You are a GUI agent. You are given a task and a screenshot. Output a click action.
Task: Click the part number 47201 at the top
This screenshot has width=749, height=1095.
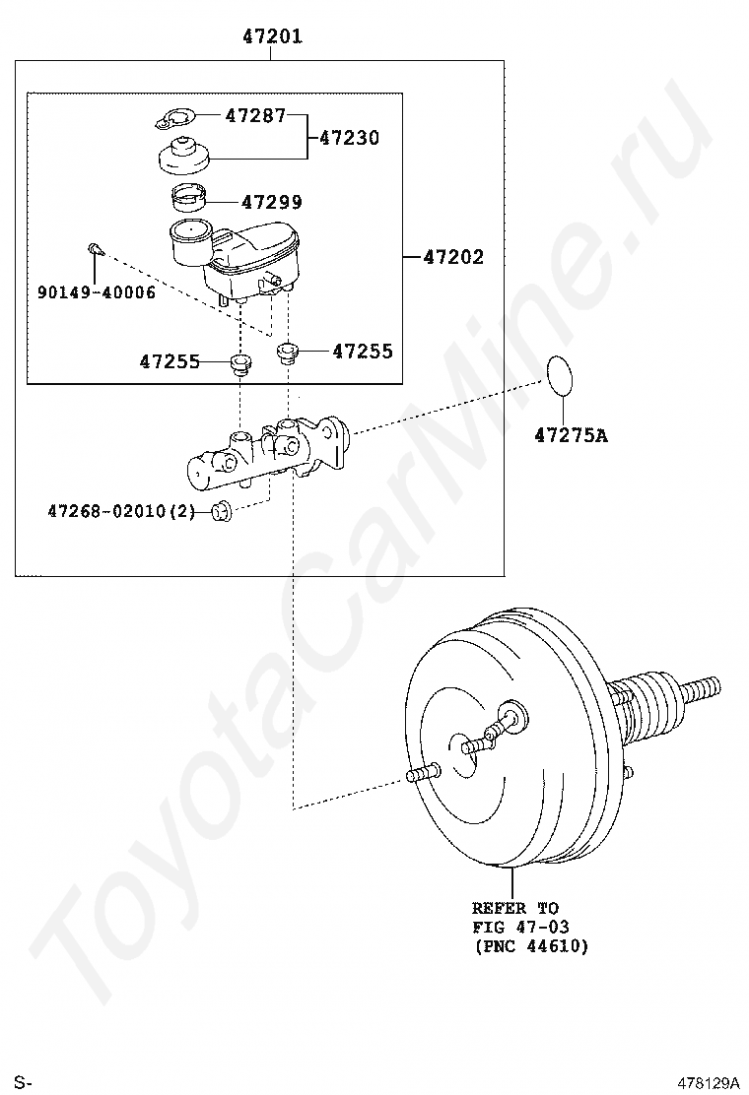(272, 35)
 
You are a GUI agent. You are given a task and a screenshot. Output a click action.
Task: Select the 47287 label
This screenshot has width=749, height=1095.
(255, 115)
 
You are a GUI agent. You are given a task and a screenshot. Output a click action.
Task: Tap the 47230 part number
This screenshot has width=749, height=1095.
(349, 138)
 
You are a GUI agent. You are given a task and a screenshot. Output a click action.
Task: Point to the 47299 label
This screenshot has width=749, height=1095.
(272, 203)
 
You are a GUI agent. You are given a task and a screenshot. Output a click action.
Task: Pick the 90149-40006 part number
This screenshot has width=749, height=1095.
(97, 292)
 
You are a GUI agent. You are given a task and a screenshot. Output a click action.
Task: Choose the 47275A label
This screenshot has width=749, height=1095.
(571, 436)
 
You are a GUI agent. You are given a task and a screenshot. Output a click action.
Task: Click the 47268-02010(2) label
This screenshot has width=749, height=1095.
(121, 512)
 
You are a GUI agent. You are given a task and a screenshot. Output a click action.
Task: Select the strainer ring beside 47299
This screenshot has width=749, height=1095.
(188, 198)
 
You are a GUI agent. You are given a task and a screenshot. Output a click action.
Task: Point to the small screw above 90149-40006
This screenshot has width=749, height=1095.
(95, 249)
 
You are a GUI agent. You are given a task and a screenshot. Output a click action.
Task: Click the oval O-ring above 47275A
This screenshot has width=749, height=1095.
(560, 376)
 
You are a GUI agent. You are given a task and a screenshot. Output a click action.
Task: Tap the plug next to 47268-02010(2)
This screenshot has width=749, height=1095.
(222, 512)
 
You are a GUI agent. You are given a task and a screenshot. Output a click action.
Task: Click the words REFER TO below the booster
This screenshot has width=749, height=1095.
(515, 909)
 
